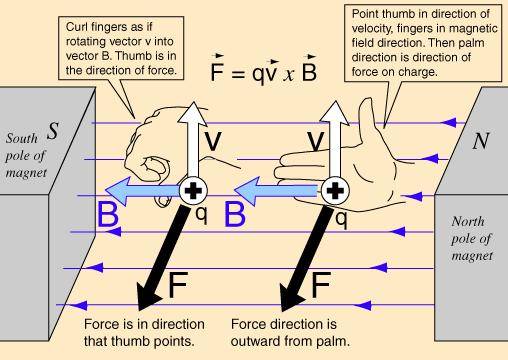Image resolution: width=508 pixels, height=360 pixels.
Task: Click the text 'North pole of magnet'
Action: point(472,239)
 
